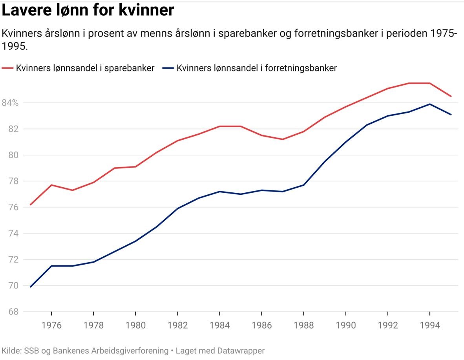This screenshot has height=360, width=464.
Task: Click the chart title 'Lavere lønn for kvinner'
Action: point(88,11)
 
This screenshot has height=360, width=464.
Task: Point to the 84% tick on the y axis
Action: point(10,103)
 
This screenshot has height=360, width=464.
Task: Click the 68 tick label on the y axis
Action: point(13,312)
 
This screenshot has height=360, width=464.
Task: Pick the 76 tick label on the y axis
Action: point(13,207)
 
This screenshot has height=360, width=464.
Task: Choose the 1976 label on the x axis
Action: point(51,326)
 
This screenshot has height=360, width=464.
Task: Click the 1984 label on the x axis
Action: point(219,326)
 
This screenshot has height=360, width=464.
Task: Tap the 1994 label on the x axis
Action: point(430,326)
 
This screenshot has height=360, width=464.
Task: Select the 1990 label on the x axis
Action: point(345,326)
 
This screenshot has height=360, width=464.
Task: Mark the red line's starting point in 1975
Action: point(30,205)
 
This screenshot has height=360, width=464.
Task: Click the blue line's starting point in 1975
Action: point(30,287)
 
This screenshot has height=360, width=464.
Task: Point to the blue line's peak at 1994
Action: point(430,104)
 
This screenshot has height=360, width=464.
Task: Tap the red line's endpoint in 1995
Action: point(451,96)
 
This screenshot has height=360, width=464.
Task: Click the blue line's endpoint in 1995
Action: point(451,115)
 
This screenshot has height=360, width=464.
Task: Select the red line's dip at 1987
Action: point(283,139)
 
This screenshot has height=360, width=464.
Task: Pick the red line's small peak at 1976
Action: point(51,185)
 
